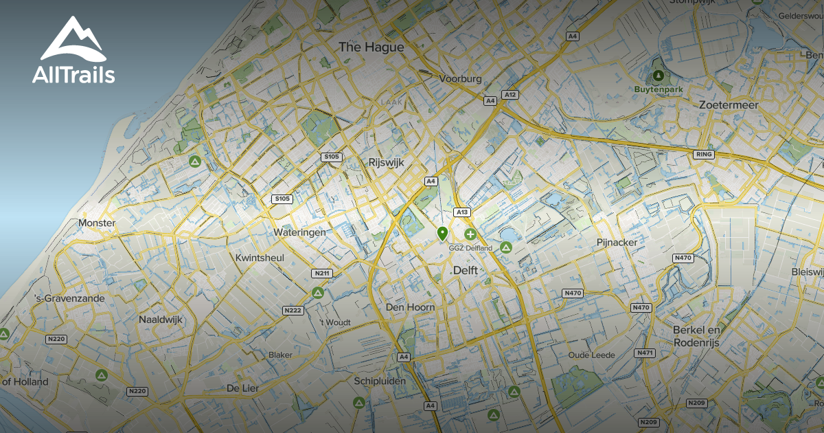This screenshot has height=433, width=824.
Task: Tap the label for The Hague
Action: [x=371, y=47]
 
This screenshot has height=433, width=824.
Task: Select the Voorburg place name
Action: [x=461, y=79]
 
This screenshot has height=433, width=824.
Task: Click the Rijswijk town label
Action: [x=386, y=163]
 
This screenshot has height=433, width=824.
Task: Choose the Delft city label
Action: [x=465, y=271]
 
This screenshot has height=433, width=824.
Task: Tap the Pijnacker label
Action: [x=617, y=243]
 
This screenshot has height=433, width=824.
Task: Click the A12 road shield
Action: [x=509, y=94]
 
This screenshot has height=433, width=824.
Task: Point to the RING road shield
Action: [x=705, y=155]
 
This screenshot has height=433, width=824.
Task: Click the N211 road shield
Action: [x=321, y=274]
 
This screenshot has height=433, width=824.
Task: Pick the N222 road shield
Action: [x=293, y=311]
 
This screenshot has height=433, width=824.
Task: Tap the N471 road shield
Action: [x=645, y=353]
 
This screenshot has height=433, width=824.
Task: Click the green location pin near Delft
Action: [x=443, y=233]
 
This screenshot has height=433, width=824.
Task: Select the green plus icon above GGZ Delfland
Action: [x=470, y=234]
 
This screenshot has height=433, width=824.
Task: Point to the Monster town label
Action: [x=97, y=223]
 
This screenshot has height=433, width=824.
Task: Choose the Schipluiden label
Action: [x=380, y=381]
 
